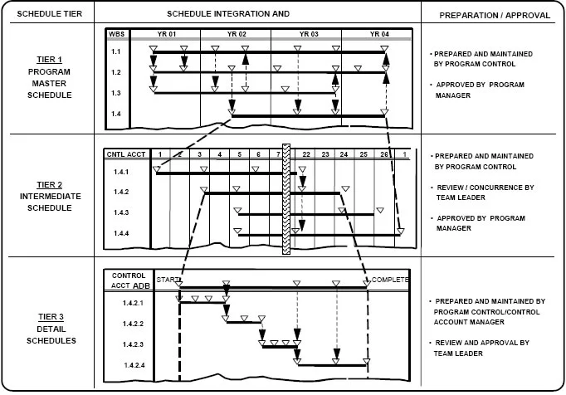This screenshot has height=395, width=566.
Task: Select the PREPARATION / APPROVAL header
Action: point(491,15)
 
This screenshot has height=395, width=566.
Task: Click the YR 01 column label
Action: point(166,34)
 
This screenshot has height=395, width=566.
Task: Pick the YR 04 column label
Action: point(378,34)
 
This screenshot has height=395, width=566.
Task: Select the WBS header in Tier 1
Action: point(118,34)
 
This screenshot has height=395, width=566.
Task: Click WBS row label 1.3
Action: point(117,93)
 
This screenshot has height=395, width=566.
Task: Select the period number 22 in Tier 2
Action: point(307,154)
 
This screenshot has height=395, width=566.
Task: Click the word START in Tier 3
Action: point(168,280)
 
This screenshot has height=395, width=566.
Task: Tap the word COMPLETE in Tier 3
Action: point(390,280)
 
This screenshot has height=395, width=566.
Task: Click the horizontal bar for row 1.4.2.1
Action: point(202,303)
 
